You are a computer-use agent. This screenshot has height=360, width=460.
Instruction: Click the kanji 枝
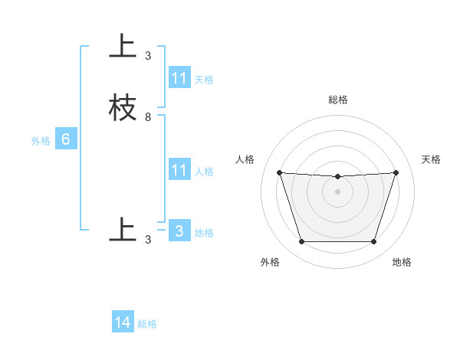[123, 107]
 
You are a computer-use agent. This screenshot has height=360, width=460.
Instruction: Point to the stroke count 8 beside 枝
[148, 117]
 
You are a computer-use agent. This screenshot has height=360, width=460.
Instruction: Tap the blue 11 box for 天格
[179, 78]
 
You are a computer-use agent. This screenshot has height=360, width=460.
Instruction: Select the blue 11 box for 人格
[179, 170]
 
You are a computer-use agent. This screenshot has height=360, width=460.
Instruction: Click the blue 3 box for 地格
[179, 231]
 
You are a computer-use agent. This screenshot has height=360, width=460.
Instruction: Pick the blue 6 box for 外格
[66, 139]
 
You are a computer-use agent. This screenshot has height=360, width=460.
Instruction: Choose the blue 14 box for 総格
[123, 322]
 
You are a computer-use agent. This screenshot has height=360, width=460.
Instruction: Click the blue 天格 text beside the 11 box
[204, 80]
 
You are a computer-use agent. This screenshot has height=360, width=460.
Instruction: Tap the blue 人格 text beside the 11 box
[204, 172]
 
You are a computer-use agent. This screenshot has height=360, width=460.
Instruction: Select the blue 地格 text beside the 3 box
[204, 233]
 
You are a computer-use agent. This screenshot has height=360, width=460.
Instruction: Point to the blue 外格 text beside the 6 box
[40, 141]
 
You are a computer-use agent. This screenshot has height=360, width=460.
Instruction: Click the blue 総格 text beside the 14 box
[147, 324]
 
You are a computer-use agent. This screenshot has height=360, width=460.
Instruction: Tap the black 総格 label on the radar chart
[338, 100]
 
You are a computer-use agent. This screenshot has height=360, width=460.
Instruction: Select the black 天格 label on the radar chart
[432, 159]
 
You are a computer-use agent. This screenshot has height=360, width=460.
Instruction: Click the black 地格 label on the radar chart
[402, 262]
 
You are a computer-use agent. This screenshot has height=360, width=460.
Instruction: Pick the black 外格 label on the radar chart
[270, 262]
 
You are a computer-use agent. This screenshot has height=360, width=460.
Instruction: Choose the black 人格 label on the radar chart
[245, 159]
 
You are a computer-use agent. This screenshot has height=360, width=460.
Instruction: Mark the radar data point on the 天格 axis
[396, 172]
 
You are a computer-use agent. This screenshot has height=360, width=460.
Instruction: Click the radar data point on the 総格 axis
[337, 177]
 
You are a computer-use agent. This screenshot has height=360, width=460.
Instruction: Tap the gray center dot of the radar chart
[337, 192]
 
